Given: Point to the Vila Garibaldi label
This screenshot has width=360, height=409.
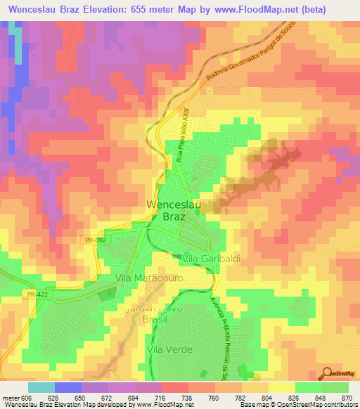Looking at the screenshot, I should [211, 259].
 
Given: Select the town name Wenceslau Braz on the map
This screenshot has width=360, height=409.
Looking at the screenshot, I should [174, 211].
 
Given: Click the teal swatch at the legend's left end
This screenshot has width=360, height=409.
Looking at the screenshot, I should [41, 387].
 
